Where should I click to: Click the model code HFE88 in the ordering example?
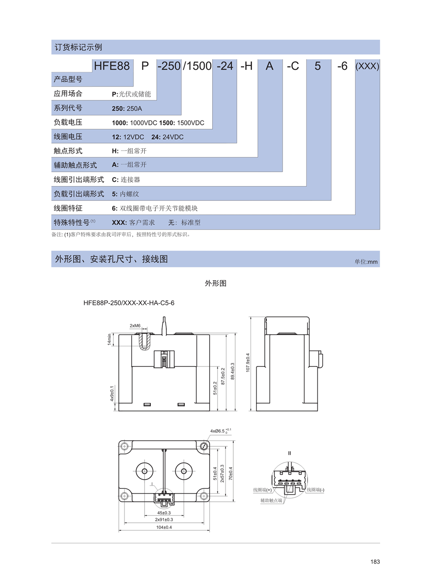112,66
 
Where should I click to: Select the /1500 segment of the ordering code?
197,66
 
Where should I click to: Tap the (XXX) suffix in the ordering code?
367,66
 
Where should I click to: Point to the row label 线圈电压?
68,137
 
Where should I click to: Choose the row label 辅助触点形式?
75,165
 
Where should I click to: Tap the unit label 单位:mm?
366,262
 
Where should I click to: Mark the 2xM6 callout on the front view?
135,326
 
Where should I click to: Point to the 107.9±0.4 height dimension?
248,364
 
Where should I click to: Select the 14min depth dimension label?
109,339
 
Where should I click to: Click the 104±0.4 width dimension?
164,527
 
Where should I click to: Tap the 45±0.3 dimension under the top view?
164,512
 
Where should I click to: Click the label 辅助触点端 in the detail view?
272,500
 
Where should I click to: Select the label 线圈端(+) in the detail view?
262,490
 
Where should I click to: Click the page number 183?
375,562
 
